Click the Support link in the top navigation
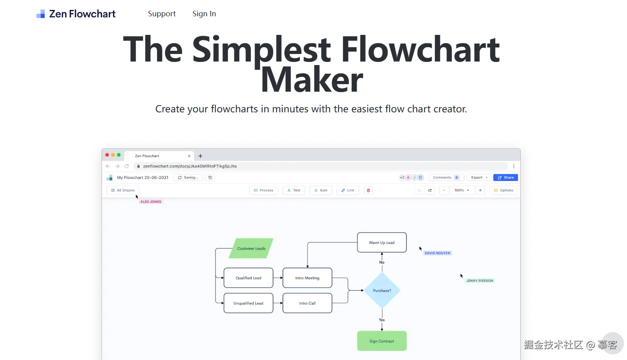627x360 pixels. pyautogui.click(x=162, y=14)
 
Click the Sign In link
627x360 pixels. pyautogui.click(x=204, y=14)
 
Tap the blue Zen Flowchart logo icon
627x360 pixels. pyautogui.click(x=40, y=14)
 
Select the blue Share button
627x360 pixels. pyautogui.click(x=506, y=177)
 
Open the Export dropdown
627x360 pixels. pyautogui.click(x=479, y=177)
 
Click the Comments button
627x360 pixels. pyautogui.click(x=446, y=177)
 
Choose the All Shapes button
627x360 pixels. pyautogui.click(x=123, y=190)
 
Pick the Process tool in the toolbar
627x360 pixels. pyautogui.click(x=263, y=190)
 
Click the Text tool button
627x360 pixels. pyautogui.click(x=294, y=190)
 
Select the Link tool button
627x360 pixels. pyautogui.click(x=348, y=190)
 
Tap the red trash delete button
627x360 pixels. pyautogui.click(x=368, y=190)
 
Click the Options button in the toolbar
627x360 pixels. pyautogui.click(x=504, y=190)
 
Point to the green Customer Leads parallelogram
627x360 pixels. pyautogui.click(x=251, y=248)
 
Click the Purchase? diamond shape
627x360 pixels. pyautogui.click(x=382, y=291)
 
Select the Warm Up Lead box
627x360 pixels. pyautogui.click(x=382, y=243)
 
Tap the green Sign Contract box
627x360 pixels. pyautogui.click(x=382, y=341)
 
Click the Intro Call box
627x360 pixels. pyautogui.click(x=307, y=303)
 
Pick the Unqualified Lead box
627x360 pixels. pyautogui.click(x=248, y=303)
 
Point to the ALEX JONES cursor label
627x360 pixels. pyautogui.click(x=151, y=202)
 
